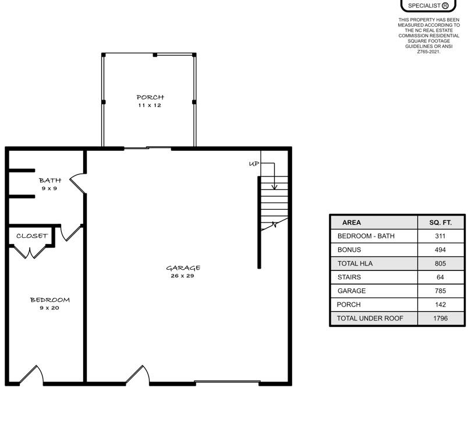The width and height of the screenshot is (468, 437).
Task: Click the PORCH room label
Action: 150,97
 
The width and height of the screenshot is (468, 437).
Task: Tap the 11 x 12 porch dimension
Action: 150,105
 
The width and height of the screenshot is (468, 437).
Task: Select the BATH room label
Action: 50,181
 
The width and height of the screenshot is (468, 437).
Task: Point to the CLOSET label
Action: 32,236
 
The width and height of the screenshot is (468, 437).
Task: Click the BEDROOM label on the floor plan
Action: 50,300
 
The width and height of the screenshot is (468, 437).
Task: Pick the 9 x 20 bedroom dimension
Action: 49,308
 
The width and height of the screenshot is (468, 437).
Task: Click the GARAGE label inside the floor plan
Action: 183,268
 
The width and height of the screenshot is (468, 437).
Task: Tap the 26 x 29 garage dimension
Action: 182,276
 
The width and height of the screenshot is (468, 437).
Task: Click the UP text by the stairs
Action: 254,164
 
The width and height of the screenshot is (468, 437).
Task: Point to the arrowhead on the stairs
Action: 274,187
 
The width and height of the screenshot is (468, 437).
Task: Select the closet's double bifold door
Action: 30,252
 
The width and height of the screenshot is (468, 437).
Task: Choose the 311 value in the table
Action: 440,236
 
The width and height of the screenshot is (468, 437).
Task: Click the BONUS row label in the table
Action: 349,250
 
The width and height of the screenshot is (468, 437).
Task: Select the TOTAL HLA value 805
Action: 440,263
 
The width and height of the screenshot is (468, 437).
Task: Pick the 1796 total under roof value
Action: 440,318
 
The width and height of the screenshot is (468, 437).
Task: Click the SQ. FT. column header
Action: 441,223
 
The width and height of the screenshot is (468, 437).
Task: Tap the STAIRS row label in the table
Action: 349,277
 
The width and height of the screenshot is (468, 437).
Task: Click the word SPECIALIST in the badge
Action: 424,6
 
